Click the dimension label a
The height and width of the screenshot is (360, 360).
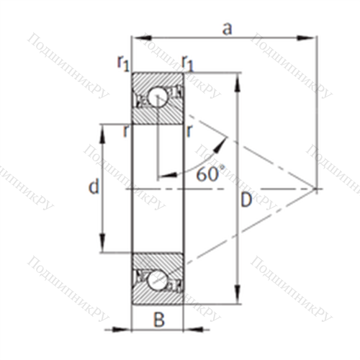pos(228,30)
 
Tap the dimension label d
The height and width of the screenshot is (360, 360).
pos(94,186)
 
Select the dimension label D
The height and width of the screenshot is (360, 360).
pos(246,200)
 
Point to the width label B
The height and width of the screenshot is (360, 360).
pos(159,320)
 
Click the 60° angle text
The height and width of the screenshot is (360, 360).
pos(210,174)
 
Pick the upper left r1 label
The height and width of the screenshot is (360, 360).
pos(123,63)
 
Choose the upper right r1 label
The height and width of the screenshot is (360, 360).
pos(187,63)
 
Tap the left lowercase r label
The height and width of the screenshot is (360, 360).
pos(126,131)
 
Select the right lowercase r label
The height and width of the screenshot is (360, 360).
pos(189,131)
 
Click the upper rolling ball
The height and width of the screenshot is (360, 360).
pos(157,96)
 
